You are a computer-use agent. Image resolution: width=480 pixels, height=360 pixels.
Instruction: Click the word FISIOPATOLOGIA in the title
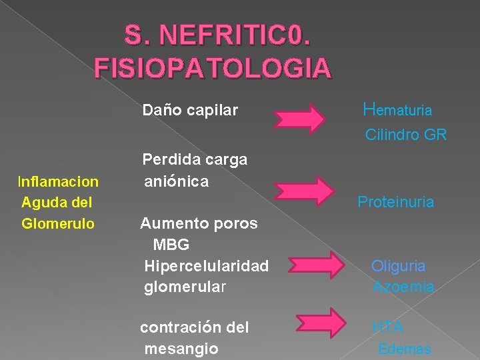[213, 67]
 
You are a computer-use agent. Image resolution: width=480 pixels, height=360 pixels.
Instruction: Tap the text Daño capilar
[190, 110]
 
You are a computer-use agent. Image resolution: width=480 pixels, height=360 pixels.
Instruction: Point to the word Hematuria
[397, 109]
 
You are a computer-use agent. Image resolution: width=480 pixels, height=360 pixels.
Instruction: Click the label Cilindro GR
[406, 135]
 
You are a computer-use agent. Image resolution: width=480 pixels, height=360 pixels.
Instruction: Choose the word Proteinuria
[395, 201]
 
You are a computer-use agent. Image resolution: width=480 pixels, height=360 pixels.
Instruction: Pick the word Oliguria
[398, 266]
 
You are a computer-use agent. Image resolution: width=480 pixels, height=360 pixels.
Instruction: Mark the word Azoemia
[403, 287]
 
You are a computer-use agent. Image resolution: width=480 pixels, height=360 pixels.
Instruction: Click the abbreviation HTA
[387, 327]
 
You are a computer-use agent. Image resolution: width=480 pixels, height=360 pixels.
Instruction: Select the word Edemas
[405, 349]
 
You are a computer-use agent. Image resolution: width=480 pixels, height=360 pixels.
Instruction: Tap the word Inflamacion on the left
[59, 181]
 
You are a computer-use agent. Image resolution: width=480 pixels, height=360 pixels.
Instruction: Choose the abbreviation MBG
[171, 245]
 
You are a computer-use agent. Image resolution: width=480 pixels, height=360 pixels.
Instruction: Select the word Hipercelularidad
[207, 266]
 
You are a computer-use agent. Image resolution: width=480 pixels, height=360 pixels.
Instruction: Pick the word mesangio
[181, 349]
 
